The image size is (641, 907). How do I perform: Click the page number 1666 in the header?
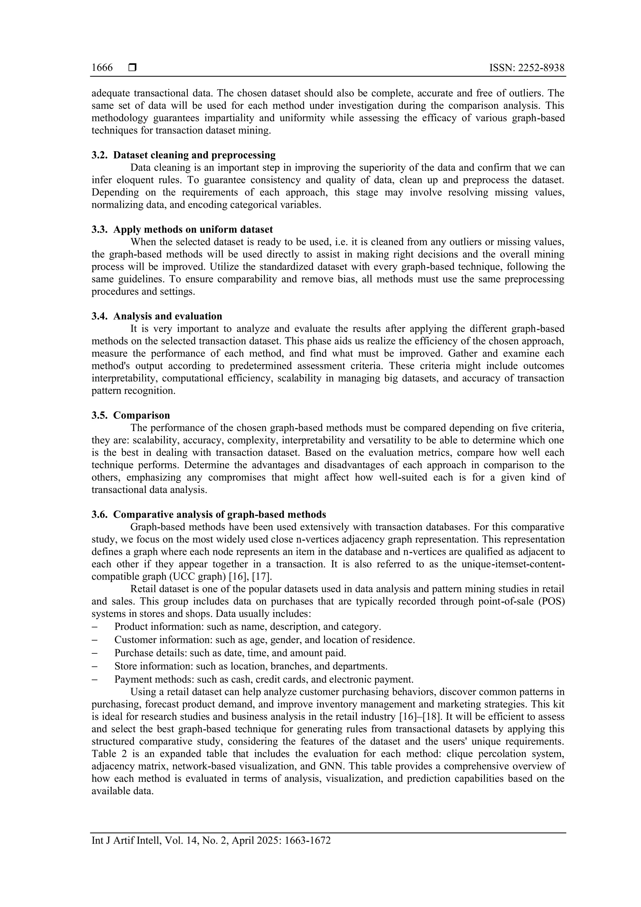(x=102, y=68)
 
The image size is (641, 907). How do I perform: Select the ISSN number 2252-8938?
(x=541, y=68)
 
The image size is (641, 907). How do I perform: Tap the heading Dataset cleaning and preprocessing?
(x=194, y=155)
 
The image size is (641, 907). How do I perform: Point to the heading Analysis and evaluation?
(x=167, y=316)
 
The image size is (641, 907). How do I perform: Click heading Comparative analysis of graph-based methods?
(x=219, y=514)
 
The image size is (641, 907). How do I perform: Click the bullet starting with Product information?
(x=248, y=626)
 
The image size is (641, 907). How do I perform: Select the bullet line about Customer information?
(x=264, y=640)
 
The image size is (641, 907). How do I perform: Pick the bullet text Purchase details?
(x=230, y=653)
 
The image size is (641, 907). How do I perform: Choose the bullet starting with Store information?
(x=251, y=666)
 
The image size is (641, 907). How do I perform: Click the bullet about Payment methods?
(x=264, y=679)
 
